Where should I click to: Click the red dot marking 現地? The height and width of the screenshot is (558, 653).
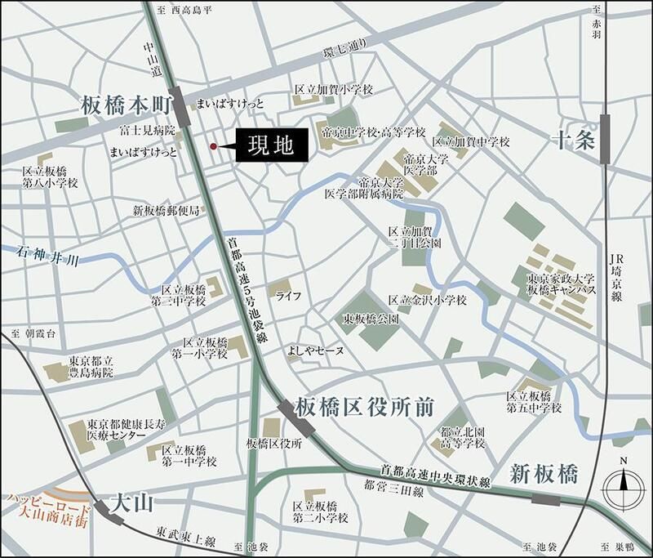[214, 146]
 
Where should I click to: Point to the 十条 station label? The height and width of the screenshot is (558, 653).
[572, 139]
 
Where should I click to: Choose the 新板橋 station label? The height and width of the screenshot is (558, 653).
[544, 473]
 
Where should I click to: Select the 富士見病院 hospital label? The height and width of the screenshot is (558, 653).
[147, 130]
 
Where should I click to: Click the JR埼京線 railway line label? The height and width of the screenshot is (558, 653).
[615, 279]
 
